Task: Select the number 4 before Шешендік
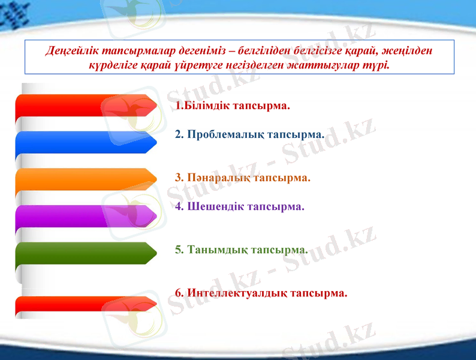click(178, 206)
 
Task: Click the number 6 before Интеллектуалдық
click(178, 293)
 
